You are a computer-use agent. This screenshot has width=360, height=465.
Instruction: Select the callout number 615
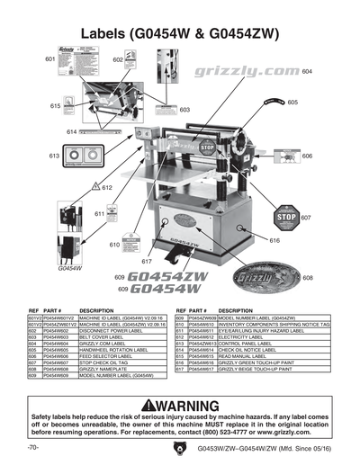point(31,106)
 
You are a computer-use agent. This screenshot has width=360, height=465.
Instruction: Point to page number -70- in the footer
point(33,448)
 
